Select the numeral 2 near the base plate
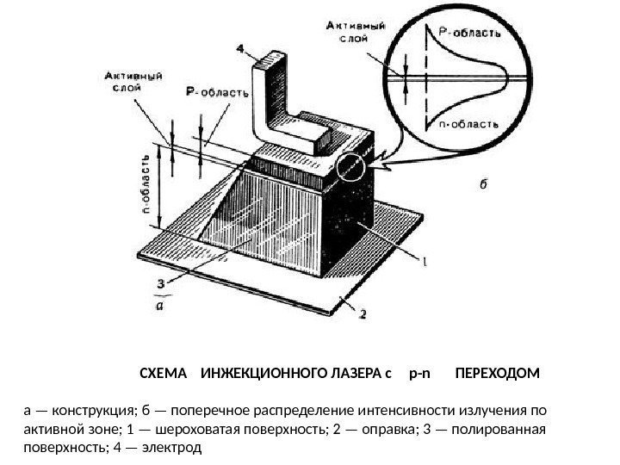pos(362,315)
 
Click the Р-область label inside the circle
pos(470,33)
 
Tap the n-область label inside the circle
pos(469,123)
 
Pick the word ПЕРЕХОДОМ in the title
pos(497,375)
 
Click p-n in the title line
pos(419,375)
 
